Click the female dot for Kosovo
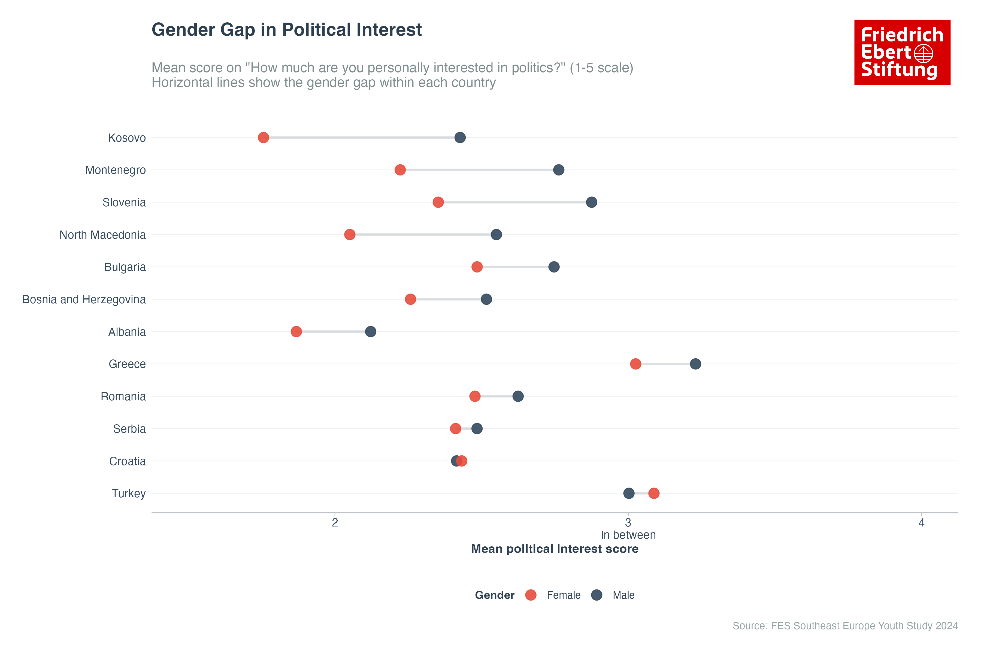point(263,138)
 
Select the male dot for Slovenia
point(591,202)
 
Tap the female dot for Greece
point(635,364)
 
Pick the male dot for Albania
point(370,332)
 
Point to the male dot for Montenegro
point(558,170)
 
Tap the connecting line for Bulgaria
point(515,267)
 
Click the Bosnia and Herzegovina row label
point(84,299)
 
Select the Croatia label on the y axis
point(127,461)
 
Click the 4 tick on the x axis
point(921,523)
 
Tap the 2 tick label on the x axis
point(335,523)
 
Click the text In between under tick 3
point(628,535)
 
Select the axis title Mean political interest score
point(554,549)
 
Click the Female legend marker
point(531,595)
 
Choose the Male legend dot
point(597,595)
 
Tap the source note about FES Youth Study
point(845,626)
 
